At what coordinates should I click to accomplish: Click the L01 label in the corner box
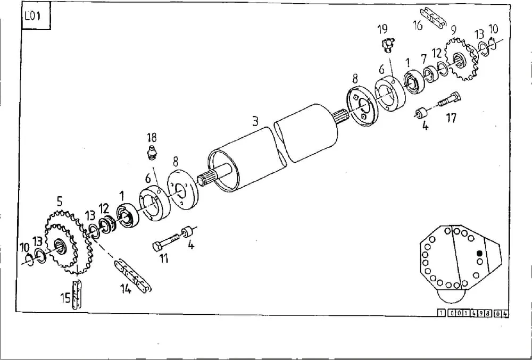32,16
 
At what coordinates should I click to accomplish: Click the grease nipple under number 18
152,153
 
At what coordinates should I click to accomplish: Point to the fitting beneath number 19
387,45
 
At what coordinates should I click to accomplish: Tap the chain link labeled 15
77,295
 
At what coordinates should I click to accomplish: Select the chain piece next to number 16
435,19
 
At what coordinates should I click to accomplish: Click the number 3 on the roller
255,121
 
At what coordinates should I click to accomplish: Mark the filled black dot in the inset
479,253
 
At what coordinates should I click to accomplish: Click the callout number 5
60,202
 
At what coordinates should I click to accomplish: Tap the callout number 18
152,137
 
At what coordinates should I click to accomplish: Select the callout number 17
451,118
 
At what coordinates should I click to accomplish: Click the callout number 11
164,258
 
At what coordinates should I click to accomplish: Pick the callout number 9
454,31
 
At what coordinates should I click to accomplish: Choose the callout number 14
126,289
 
